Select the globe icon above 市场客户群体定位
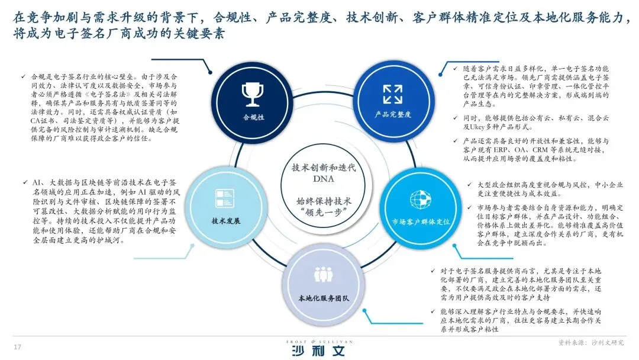click(420, 198)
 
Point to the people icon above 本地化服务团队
click(323, 274)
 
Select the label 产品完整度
click(392, 114)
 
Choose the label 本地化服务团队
click(323, 297)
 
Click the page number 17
click(17, 346)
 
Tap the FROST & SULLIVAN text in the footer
click(318, 341)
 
